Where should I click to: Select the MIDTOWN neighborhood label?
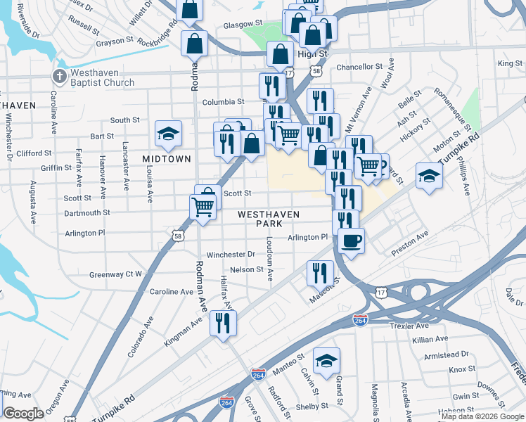pyautogui.click(x=167, y=160)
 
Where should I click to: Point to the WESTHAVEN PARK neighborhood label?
pyautogui.click(x=269, y=219)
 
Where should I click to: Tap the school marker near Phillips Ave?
pyautogui.click(x=429, y=175)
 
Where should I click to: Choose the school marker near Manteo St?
pyautogui.click(x=326, y=361)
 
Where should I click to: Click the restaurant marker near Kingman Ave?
pyautogui.click(x=224, y=323)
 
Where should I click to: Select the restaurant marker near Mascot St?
pyautogui.click(x=320, y=271)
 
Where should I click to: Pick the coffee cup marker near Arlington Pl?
pyautogui.click(x=350, y=241)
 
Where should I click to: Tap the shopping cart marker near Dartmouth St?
pyautogui.click(x=203, y=207)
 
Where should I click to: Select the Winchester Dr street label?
pyautogui.click(x=231, y=254)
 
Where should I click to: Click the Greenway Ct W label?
pyautogui.click(x=115, y=274)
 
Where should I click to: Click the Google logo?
pyautogui.click(x=24, y=414)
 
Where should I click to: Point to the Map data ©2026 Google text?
pyautogui.click(x=483, y=416)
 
